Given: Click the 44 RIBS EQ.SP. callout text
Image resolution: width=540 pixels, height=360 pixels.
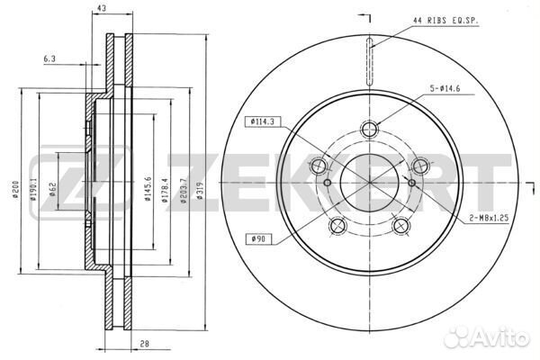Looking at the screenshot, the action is click(445, 21).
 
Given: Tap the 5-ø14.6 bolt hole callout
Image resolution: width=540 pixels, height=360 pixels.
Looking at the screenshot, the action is click(445, 88).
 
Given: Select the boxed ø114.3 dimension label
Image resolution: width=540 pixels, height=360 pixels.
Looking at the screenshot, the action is click(263, 121).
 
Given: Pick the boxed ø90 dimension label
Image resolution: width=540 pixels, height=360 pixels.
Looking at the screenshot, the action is click(258, 238).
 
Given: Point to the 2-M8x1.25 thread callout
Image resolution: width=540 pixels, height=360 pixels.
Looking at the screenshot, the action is click(489, 218).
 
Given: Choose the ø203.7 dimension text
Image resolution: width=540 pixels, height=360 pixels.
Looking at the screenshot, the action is click(184, 190).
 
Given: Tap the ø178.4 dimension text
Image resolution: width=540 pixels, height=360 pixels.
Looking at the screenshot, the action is click(166, 190).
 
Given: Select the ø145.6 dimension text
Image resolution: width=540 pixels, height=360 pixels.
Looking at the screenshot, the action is click(148, 189).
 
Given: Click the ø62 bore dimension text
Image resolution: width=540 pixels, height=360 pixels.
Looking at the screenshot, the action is click(52, 189).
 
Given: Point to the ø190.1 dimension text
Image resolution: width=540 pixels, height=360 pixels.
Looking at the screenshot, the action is click(33, 189).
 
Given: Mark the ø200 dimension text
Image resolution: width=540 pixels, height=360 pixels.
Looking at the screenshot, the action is click(15, 189).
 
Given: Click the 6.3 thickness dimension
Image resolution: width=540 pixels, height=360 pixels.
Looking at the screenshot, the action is click(49, 58).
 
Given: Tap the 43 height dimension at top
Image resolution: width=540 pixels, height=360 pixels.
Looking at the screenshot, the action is click(101, 9).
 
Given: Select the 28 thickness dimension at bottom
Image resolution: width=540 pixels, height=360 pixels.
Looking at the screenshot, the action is click(145, 344).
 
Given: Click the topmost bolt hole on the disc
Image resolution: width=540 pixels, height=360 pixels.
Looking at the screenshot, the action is click(369, 130).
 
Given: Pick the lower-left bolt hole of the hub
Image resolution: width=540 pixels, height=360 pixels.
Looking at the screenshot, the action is click(337, 226).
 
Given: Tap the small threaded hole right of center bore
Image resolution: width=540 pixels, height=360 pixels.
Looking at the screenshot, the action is click(411, 183).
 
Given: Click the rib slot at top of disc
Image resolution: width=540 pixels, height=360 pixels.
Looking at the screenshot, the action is click(369, 61).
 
